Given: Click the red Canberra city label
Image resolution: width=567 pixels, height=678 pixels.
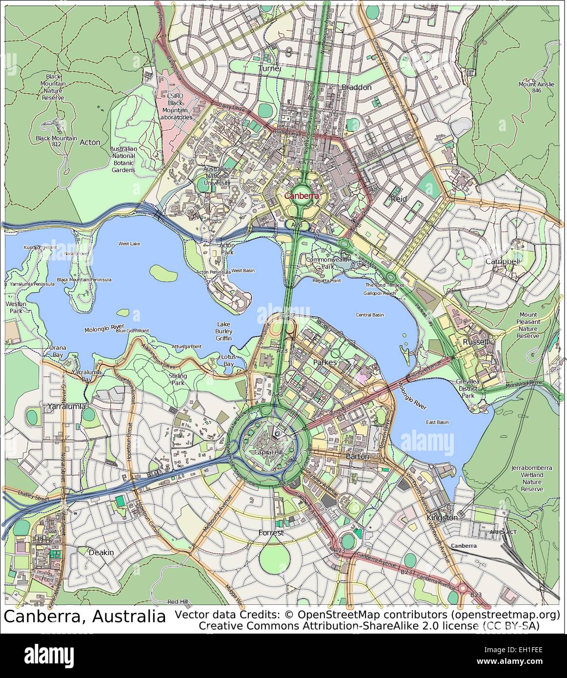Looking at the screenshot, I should pyautogui.click(x=301, y=196).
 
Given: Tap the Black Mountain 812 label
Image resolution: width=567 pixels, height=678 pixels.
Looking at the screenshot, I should pyautogui.click(x=56, y=141).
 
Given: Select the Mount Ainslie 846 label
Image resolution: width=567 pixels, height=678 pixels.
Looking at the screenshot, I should pyautogui.click(x=536, y=87).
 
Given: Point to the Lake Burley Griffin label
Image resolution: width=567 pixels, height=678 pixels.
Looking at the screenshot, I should pyautogui.click(x=224, y=331).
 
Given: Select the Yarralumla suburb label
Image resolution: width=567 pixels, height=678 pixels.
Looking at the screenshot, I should pyautogui.click(x=67, y=406).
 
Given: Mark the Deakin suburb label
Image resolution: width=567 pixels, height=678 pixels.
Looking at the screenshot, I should pyautogui.click(x=101, y=552).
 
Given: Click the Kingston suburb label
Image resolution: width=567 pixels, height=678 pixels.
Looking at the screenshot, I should pyautogui.click(x=442, y=517).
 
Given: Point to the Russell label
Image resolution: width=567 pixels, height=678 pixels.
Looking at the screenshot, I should pyautogui.click(x=476, y=342).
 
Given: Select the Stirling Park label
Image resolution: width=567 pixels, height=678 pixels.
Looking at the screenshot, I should pyautogui.click(x=179, y=379).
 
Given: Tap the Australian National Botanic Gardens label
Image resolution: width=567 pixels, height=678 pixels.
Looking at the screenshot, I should pyautogui.click(x=123, y=160).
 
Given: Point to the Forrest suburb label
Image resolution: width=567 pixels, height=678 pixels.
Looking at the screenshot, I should pyautogui.click(x=271, y=533).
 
